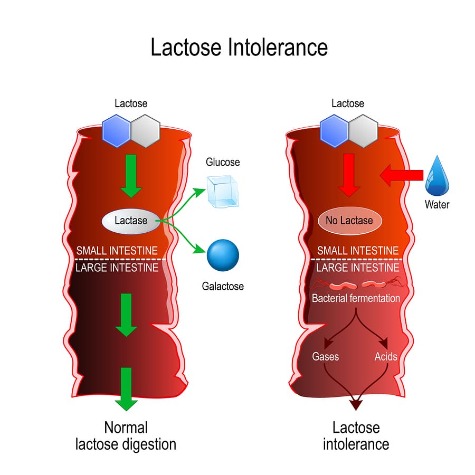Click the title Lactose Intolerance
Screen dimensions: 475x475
[x=239, y=47]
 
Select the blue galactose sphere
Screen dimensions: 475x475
[x=223, y=255]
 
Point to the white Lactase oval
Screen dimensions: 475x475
[x=131, y=220]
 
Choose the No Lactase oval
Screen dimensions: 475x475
[x=349, y=221]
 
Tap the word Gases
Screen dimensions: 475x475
[x=325, y=356]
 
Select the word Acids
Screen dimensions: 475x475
[x=386, y=356]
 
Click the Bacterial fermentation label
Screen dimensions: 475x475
[x=356, y=298]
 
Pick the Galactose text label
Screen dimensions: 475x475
[x=223, y=287]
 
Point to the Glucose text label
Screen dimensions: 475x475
[x=223, y=162]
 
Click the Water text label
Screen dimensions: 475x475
[x=437, y=204]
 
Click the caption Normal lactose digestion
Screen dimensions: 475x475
[x=126, y=435]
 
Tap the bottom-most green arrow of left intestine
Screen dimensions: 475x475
[x=126, y=388]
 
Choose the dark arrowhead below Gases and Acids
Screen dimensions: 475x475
[x=356, y=404]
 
